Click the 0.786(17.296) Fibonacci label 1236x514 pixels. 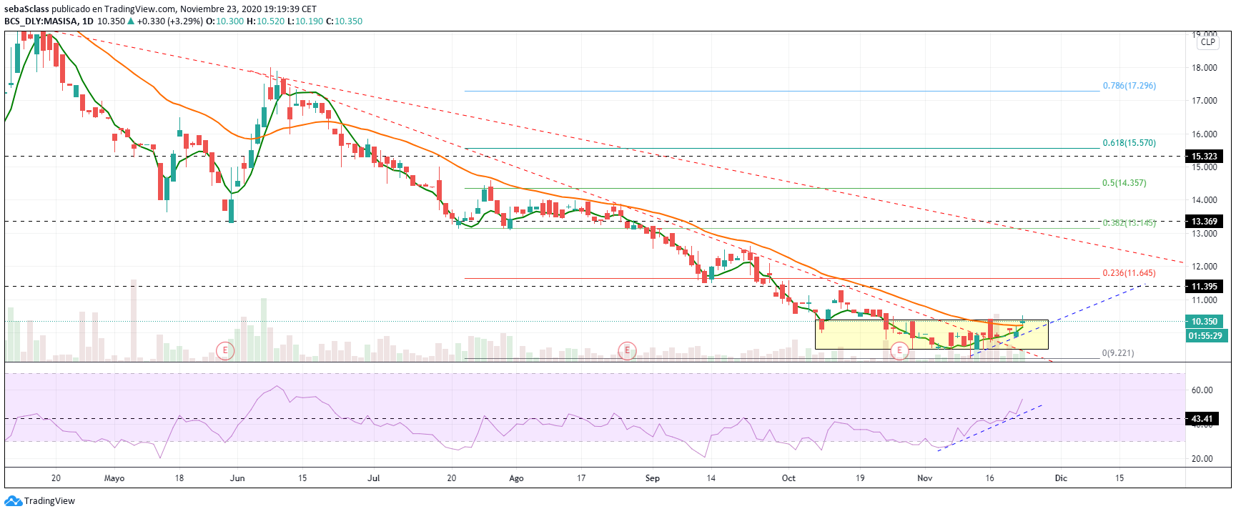[x=1129, y=86]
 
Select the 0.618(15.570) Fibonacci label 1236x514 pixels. [x=1129, y=143]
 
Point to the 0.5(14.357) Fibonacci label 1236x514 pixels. [x=1124, y=183]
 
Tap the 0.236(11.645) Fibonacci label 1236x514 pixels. [x=1129, y=273]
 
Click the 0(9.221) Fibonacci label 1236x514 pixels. [x=1117, y=353]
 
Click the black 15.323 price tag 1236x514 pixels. [x=1205, y=157]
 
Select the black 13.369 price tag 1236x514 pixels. [x=1205, y=222]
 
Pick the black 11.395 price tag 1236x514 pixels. [x=1205, y=287]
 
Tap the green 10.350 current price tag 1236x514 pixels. [x=1205, y=322]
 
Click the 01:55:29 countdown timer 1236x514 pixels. [x=1205, y=335]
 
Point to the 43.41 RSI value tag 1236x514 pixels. [x=1202, y=419]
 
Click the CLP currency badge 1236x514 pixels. [x=1207, y=42]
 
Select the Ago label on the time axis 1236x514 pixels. [x=516, y=478]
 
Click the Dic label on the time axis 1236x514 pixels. [x=1061, y=478]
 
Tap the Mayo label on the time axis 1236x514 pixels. [x=114, y=478]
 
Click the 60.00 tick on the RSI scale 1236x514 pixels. [x=1202, y=390]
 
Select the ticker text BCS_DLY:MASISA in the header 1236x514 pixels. [x=41, y=21]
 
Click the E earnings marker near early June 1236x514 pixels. [x=225, y=350]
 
